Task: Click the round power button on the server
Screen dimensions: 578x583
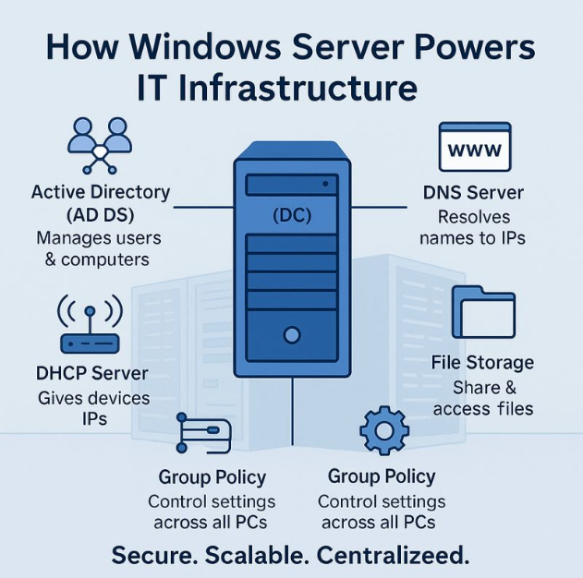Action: click(294, 333)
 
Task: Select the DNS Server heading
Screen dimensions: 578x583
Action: click(473, 193)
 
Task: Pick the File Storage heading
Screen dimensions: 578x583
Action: click(482, 363)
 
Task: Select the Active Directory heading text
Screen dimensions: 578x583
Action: click(101, 203)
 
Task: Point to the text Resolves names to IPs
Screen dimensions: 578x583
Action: click(472, 227)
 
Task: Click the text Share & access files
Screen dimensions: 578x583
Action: click(482, 397)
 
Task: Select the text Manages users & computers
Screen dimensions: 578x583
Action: click(99, 248)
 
